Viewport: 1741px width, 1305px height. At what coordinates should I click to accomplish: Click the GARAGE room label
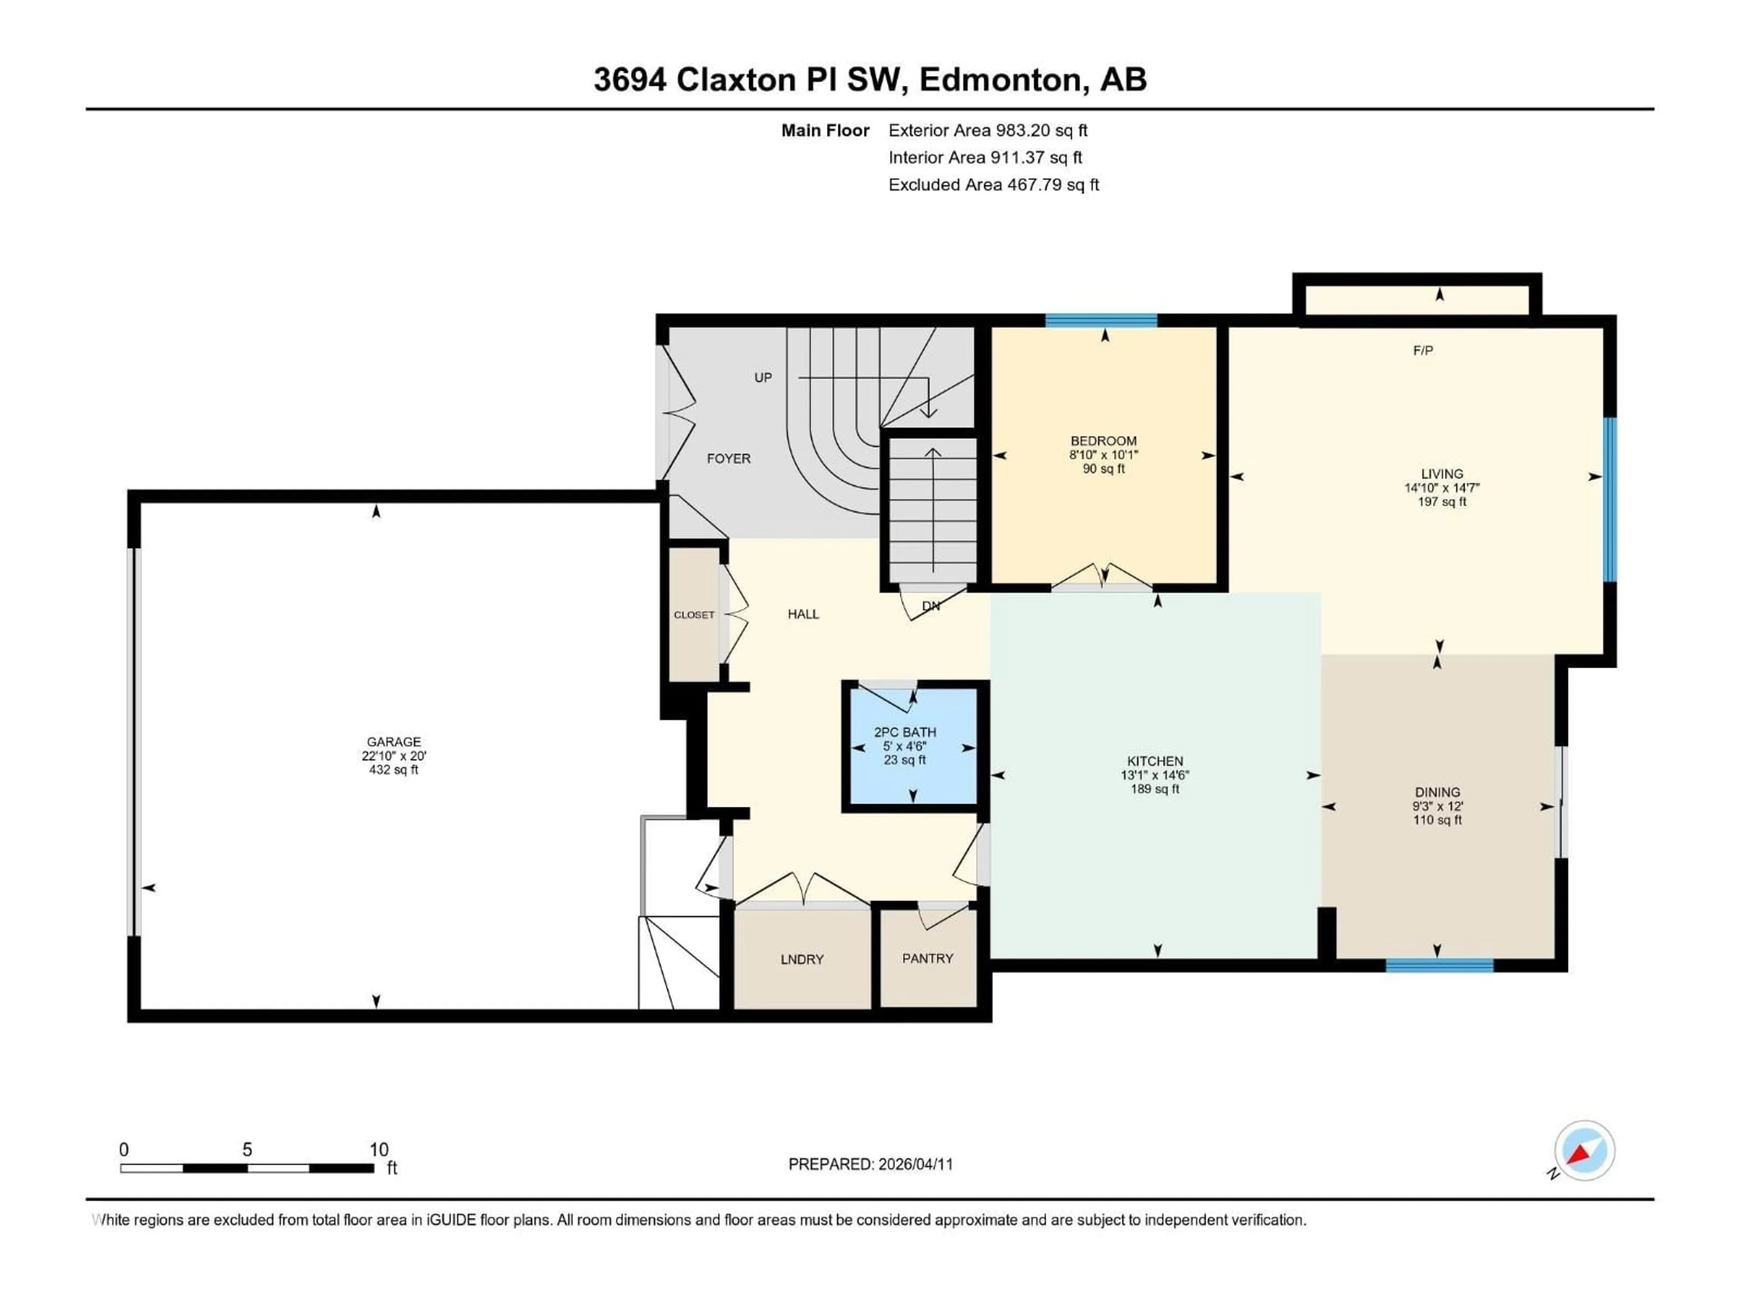pos(394,742)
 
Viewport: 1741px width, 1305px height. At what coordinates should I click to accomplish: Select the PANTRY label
pos(927,958)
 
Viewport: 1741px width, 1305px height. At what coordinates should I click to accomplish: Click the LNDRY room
pos(802,959)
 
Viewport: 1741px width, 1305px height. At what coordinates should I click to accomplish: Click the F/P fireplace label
pos(1422,351)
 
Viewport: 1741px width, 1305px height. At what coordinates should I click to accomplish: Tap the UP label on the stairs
pos(763,377)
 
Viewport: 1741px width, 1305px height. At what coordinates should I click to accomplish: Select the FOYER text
pos(728,459)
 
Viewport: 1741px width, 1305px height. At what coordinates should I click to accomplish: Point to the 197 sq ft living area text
pos(1441,502)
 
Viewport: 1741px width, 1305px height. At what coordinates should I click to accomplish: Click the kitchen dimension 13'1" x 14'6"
pos(1155,775)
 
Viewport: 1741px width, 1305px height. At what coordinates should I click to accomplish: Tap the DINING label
pos(1437,792)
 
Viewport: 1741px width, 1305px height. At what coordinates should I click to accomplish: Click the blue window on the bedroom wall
pos(1101,320)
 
